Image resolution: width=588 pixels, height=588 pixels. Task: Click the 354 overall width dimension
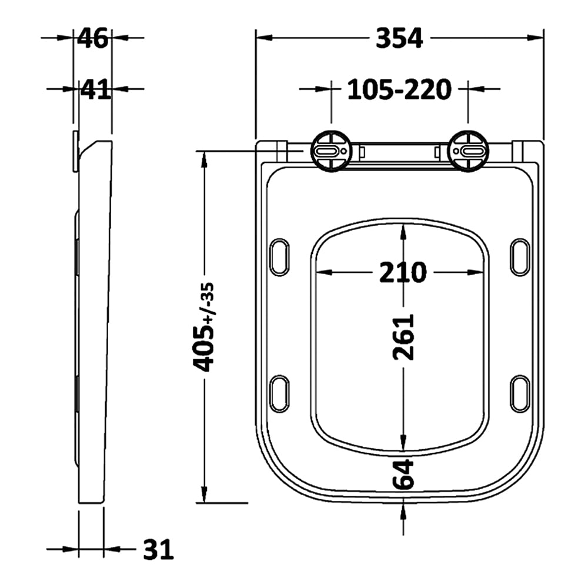pyautogui.click(x=399, y=38)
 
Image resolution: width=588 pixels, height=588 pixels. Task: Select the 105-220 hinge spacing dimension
pyautogui.click(x=399, y=89)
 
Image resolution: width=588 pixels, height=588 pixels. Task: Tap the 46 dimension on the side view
pyautogui.click(x=93, y=38)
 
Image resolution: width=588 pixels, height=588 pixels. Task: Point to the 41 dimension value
pyautogui.click(x=96, y=89)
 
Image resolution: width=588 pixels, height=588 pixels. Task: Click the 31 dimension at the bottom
pyautogui.click(x=158, y=549)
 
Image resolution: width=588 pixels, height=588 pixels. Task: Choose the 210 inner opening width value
pyautogui.click(x=403, y=272)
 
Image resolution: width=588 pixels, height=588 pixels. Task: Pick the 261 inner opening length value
pyautogui.click(x=403, y=337)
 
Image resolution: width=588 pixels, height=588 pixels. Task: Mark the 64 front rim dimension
pyautogui.click(x=403, y=474)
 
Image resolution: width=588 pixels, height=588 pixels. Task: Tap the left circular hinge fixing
pyautogui.click(x=331, y=151)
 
